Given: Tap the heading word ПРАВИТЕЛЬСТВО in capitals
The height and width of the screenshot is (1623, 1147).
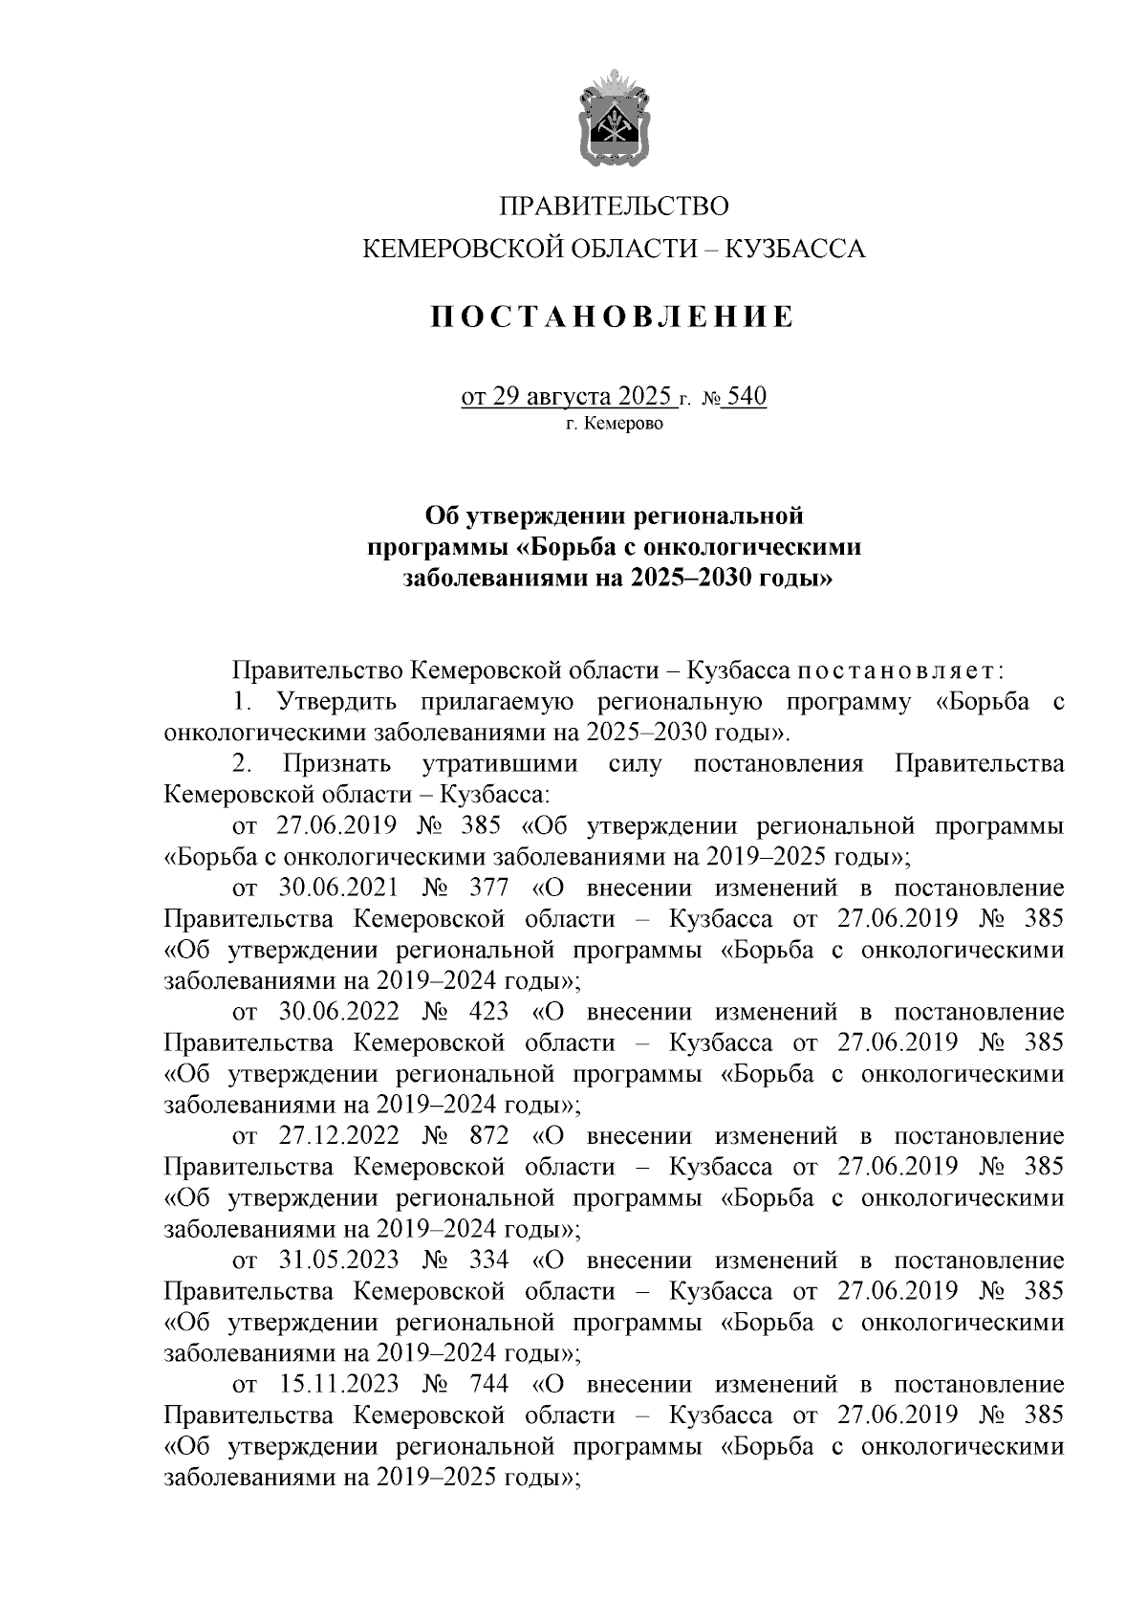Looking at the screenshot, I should click(x=615, y=207).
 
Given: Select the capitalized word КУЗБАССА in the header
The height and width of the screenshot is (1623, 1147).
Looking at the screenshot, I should click(x=795, y=250).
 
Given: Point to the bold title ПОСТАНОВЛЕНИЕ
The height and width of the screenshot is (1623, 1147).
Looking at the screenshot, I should click(x=614, y=317).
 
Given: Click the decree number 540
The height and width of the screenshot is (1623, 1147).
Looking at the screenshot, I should click(x=747, y=396).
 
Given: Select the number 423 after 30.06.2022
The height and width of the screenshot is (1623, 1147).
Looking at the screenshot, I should click(x=490, y=1012).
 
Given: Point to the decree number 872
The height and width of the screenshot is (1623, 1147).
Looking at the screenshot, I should click(x=490, y=1136).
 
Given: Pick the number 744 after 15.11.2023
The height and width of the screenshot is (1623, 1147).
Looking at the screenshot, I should click(x=490, y=1384).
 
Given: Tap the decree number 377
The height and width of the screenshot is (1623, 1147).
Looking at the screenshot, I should click(x=490, y=888).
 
